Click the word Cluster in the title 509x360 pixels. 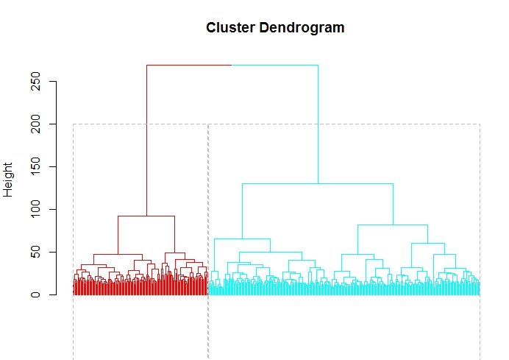(229, 28)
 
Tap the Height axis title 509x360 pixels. (10, 180)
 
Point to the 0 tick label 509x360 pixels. (34, 294)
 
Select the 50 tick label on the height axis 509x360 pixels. (34, 252)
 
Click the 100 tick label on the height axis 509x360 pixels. (34, 210)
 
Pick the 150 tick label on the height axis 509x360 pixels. (34, 167)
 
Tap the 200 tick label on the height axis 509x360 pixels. (34, 124)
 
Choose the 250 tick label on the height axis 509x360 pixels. (34, 82)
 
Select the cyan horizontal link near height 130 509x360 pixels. (318, 183)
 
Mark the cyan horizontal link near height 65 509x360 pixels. (242, 239)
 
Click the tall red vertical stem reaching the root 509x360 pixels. (146, 140)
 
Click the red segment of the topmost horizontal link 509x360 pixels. (189, 65)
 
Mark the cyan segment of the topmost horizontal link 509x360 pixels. (275, 65)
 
